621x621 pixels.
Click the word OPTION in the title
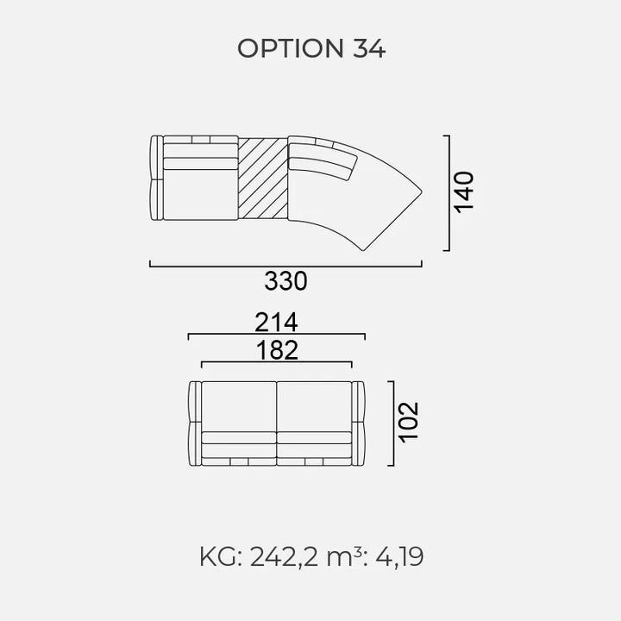point(291,48)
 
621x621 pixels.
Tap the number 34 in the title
point(369,48)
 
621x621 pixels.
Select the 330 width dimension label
point(285,281)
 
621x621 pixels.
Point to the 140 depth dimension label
point(464,192)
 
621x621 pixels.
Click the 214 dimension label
point(276,322)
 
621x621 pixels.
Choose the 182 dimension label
point(277,350)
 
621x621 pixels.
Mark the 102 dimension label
point(408,423)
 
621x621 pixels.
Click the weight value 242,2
point(284,557)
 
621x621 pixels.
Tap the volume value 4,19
point(399,557)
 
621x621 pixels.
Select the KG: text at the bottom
point(221,557)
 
